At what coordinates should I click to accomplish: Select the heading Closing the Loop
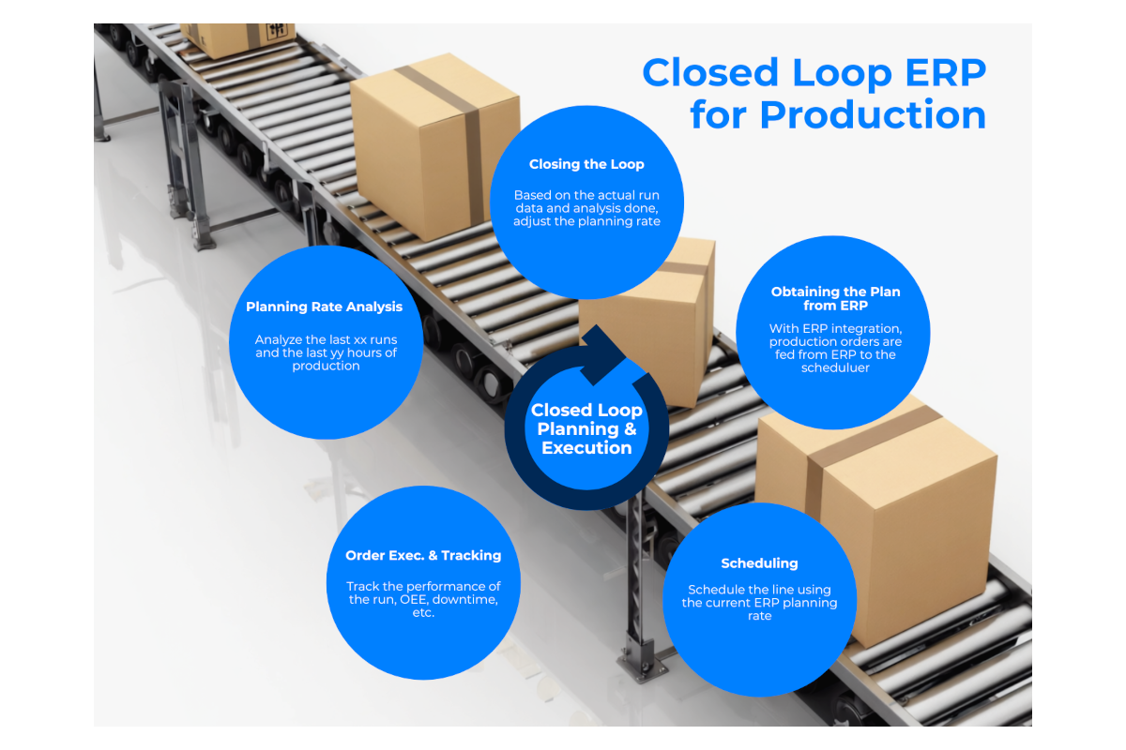point(586,164)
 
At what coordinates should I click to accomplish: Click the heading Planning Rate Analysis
point(324,307)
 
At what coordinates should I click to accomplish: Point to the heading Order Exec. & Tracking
point(423,555)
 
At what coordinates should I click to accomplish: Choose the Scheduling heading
point(759,563)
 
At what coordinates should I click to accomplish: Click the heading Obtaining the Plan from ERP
point(835,298)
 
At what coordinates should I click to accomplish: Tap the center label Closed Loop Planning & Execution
point(586,429)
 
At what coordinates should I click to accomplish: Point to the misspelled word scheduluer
point(835,368)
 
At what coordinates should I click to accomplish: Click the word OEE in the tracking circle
point(403,599)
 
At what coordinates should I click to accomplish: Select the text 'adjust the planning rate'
point(586,222)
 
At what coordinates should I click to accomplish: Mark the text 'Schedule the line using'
point(759,590)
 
